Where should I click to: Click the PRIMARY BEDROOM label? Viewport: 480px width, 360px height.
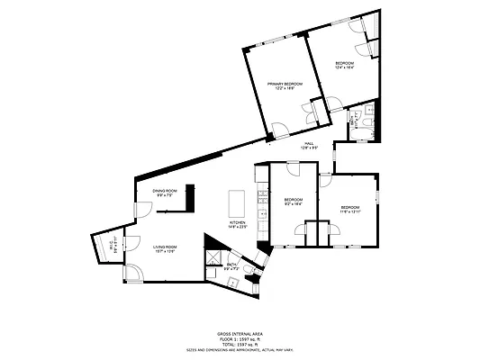(x=285, y=86)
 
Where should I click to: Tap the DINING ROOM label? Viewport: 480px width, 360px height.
(x=164, y=192)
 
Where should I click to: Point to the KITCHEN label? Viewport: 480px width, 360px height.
(x=238, y=224)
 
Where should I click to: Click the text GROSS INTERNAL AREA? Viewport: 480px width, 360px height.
(x=240, y=332)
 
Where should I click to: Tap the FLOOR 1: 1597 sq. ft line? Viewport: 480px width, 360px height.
(x=240, y=337)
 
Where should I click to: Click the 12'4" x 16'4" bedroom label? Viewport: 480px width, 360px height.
(x=345, y=65)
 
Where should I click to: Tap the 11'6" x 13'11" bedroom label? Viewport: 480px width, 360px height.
(x=349, y=210)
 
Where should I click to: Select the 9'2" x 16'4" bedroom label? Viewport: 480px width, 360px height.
(x=294, y=202)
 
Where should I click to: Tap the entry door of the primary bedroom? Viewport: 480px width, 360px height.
(x=282, y=130)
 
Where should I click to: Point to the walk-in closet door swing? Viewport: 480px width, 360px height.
(x=130, y=241)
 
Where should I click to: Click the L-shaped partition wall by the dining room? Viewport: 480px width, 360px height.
(x=173, y=205)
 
